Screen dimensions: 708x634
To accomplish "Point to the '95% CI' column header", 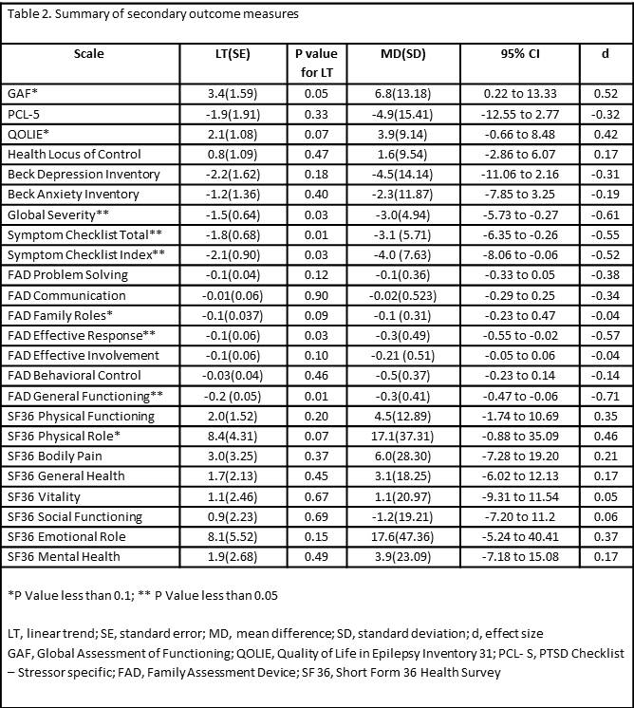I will pos(519,54).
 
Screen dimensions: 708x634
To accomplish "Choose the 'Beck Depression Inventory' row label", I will pos(84,175).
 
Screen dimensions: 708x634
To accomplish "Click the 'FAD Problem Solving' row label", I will pos(67,275).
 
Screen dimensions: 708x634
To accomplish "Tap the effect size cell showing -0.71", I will pos(605,396).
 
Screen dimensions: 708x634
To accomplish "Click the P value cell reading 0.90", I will pos(315,295).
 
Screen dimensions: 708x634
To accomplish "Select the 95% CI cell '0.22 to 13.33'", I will pos(519,94).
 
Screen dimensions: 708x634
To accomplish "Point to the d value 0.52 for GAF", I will pos(606,94).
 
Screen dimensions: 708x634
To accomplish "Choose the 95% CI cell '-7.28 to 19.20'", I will pos(519,456).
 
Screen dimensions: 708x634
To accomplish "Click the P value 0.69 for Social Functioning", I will pos(315,516).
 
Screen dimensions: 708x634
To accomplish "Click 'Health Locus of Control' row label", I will pos(74,155).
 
